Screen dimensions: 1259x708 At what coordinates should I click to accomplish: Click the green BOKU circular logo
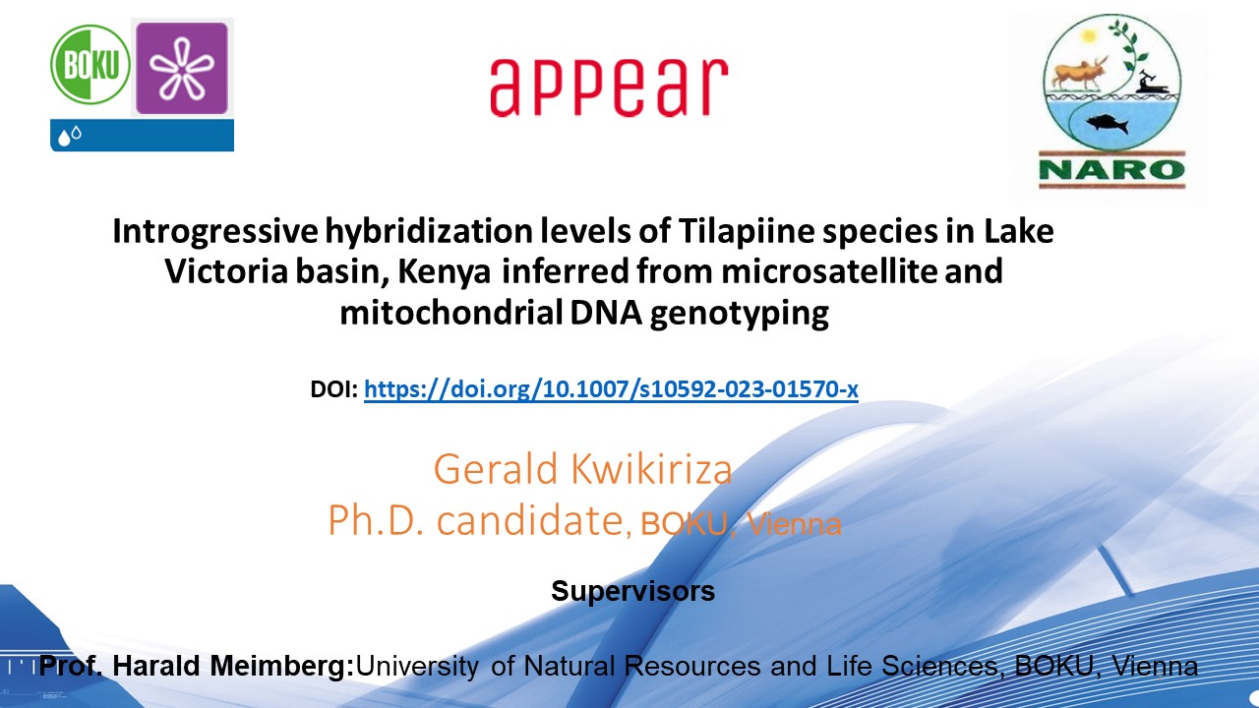point(90,65)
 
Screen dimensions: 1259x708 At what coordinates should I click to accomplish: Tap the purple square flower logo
point(182,68)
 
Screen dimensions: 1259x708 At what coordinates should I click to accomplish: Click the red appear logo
point(609,88)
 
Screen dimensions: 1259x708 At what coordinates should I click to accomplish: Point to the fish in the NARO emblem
point(1108,123)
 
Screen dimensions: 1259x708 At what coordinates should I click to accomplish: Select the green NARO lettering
point(1112,169)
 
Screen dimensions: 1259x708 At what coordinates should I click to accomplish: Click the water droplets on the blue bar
point(70,136)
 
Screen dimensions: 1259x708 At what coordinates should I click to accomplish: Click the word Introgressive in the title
point(215,231)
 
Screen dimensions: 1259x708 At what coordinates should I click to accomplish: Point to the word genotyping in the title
point(739,314)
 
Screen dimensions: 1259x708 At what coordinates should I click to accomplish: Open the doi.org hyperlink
point(611,388)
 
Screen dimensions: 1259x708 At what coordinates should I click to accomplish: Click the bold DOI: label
point(333,388)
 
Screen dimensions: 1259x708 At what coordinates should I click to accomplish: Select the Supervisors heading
point(632,591)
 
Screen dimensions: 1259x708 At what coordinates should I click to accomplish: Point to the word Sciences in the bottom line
point(942,667)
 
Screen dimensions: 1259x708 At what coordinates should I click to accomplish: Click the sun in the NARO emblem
point(1089,36)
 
